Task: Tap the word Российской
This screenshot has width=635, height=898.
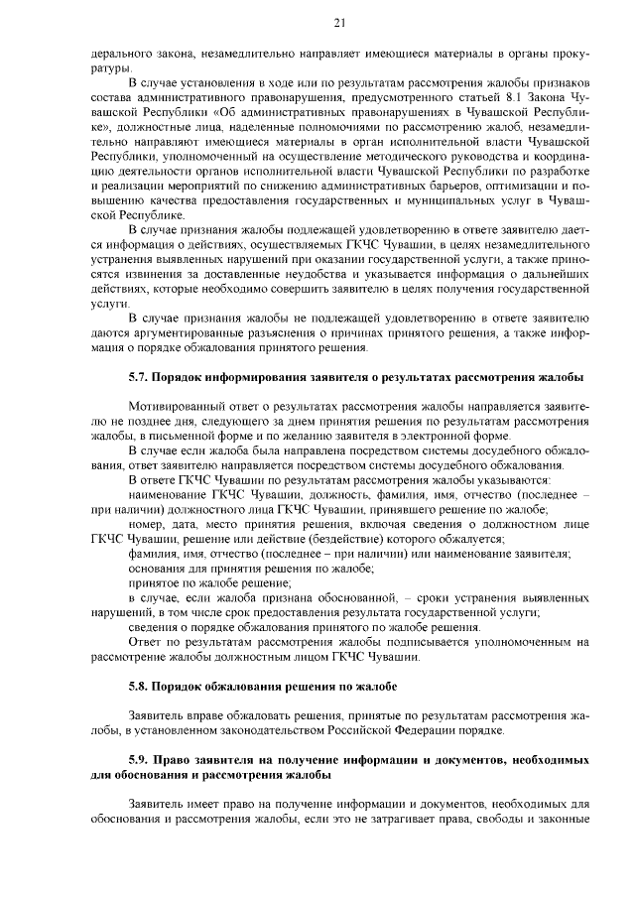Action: tap(368, 730)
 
